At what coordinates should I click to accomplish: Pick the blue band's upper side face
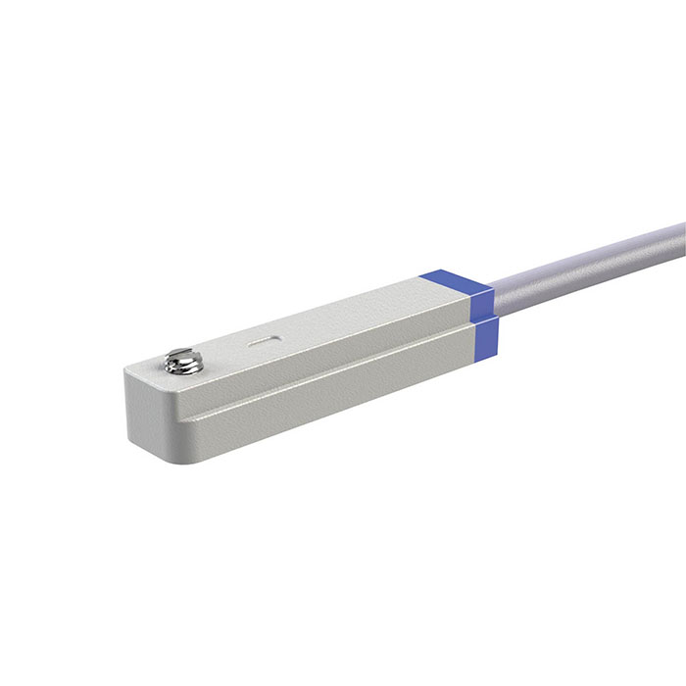(482, 302)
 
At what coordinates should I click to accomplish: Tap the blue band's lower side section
(484, 333)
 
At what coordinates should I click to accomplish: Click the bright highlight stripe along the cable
(588, 257)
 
